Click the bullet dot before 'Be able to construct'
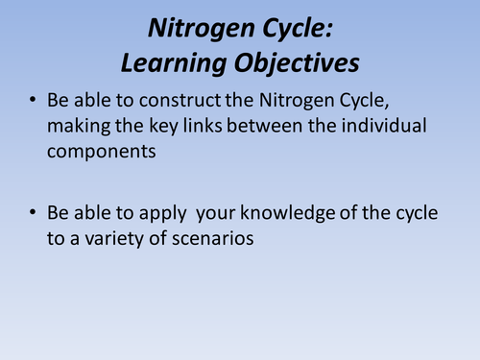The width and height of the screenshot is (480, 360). click(33, 100)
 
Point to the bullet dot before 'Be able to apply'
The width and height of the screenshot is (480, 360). click(33, 212)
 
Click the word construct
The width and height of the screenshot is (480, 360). click(180, 100)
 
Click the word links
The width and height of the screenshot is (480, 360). click(203, 125)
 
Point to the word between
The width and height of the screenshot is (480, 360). click(265, 126)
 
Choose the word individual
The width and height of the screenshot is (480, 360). click(384, 125)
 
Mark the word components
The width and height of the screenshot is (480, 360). click(102, 153)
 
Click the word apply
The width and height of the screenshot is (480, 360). click(163, 214)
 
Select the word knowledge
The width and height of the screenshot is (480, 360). click(288, 214)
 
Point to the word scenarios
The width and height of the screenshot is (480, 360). click(213, 239)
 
